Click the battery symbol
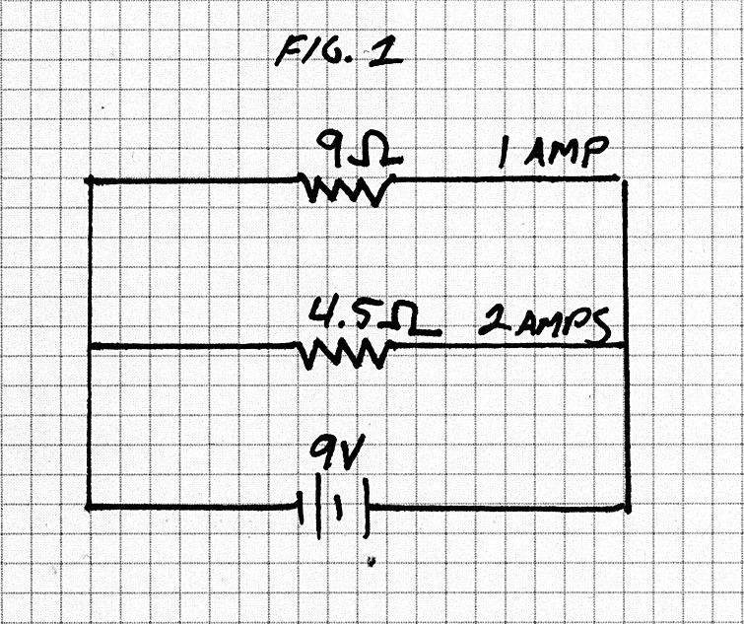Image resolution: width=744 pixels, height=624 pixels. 336,507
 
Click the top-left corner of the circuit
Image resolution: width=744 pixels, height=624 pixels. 90,180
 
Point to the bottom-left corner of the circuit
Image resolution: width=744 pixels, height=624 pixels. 90,507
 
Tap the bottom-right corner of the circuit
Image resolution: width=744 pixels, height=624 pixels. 626,508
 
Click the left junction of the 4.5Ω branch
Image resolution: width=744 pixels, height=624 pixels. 90,346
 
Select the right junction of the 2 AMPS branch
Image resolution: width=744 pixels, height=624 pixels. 626,343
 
